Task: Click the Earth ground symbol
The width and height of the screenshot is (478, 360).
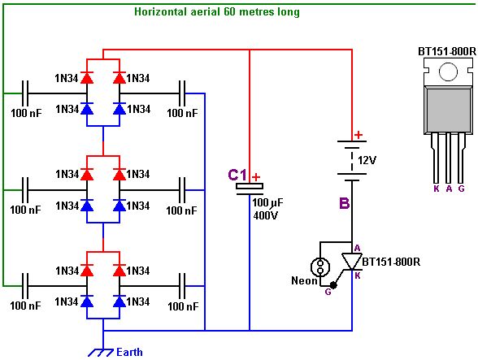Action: pyautogui.click(x=101, y=353)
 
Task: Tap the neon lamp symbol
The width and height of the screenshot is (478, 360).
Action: pyautogui.click(x=320, y=267)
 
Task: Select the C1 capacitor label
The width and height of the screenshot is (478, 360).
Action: pyautogui.click(x=237, y=176)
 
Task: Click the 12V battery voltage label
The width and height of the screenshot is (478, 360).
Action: pyautogui.click(x=367, y=160)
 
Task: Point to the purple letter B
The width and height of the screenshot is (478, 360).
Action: pyautogui.click(x=344, y=203)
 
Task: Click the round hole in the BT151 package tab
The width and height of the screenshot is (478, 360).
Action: pyautogui.click(x=448, y=72)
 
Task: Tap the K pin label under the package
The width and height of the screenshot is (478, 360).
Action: pyautogui.click(x=437, y=189)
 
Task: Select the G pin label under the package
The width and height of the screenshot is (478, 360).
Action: pyautogui.click(x=461, y=189)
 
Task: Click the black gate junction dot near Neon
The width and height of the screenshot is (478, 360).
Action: pyautogui.click(x=333, y=285)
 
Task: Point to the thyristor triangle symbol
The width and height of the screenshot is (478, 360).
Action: pyautogui.click(x=352, y=261)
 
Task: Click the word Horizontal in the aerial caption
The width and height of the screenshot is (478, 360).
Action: pyautogui.click(x=160, y=12)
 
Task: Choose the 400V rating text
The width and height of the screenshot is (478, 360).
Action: pyautogui.click(x=266, y=215)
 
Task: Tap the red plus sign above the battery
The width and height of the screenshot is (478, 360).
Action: pyautogui.click(x=358, y=134)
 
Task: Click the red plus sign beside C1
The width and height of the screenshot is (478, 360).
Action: pyautogui.click(x=256, y=177)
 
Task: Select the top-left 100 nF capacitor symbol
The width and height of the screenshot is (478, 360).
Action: pyautogui.click(x=25, y=93)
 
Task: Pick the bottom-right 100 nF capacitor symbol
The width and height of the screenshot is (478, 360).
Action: pyautogui.click(x=182, y=286)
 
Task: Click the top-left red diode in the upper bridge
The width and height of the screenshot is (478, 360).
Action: pyautogui.click(x=87, y=78)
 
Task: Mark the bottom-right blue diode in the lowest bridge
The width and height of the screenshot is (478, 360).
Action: pyautogui.click(x=119, y=301)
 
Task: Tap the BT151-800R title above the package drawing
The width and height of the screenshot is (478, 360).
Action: pyautogui.click(x=447, y=51)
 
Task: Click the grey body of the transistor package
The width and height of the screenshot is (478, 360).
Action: pyautogui.click(x=448, y=110)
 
